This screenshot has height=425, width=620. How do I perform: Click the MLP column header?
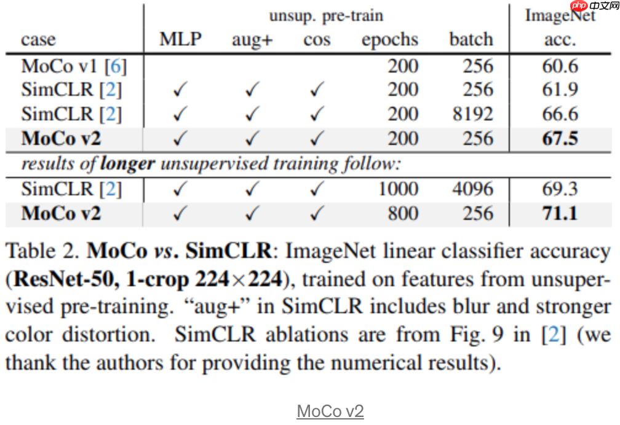[x=180, y=39]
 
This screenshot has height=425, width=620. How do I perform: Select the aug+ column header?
[x=252, y=40]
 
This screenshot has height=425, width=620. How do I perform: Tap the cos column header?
[x=317, y=40]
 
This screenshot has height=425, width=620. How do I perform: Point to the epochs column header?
[x=390, y=40]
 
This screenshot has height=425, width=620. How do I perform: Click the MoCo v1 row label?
[x=74, y=65]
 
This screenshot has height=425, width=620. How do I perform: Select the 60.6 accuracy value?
[x=560, y=65]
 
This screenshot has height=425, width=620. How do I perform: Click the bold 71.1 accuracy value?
[x=560, y=213]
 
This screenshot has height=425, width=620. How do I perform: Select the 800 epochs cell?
[x=403, y=213]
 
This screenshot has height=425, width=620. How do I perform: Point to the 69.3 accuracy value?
[x=560, y=189]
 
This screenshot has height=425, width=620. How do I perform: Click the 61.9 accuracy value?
[x=560, y=89]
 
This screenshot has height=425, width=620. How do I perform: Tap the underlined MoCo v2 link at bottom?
[x=330, y=411]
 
